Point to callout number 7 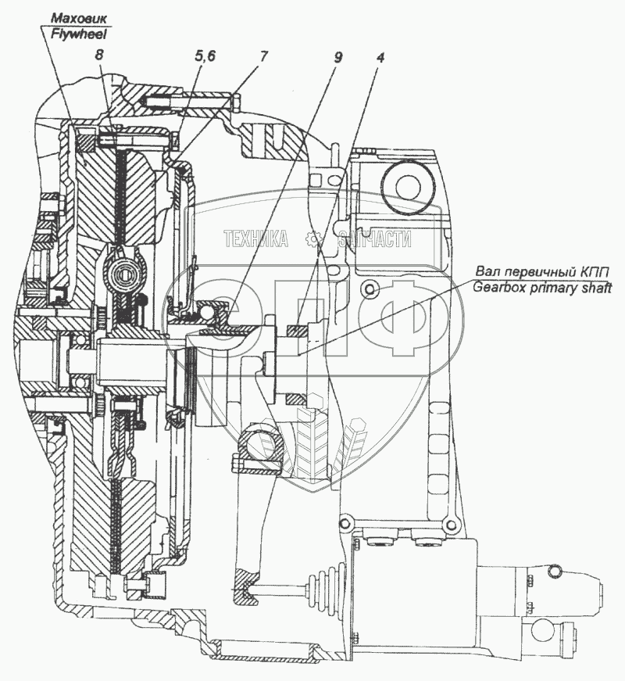pos(262,56)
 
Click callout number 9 pos(337,56)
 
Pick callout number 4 pos(378,56)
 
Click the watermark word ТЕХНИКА pos(255,240)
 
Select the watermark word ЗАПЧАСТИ pos(375,240)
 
